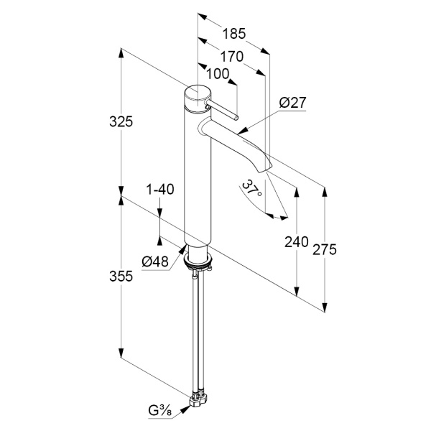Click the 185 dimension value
click(233, 34)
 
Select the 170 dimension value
click(232, 57)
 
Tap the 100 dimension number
click(218, 74)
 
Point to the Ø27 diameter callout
click(292, 103)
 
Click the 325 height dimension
click(121, 121)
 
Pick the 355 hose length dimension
click(121, 276)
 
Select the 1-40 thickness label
click(160, 190)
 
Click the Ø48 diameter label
click(155, 261)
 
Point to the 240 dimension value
click(296, 242)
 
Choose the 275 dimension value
click(325, 249)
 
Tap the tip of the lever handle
click(236, 119)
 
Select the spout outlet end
click(266, 167)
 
